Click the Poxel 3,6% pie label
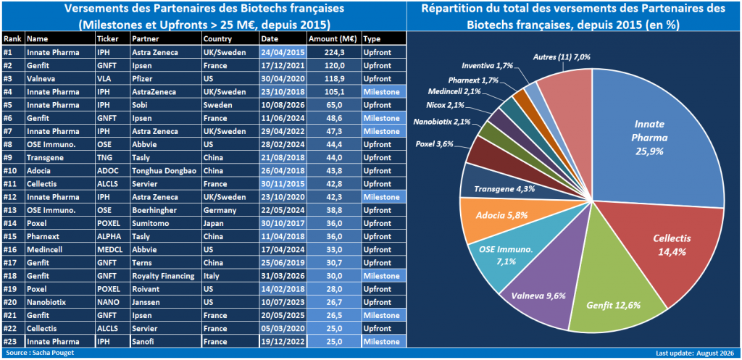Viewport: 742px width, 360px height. [x=435, y=143]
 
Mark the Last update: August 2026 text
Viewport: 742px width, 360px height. [x=696, y=353]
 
